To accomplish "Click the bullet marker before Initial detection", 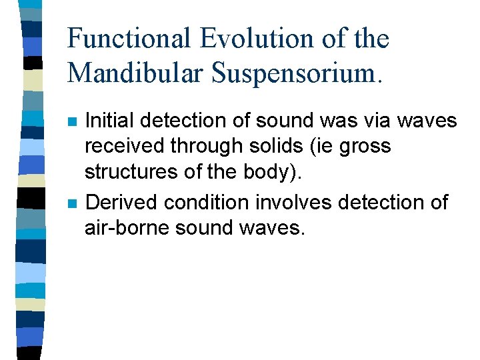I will pyautogui.click(x=72, y=122).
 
